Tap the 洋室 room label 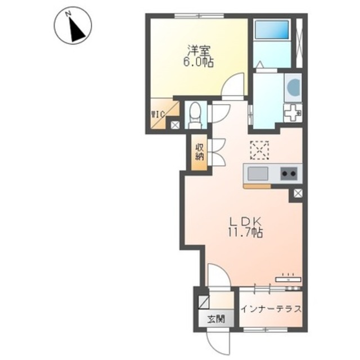pos(198,51)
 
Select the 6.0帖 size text pos(198,62)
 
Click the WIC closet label pos(158,114)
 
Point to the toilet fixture pos(195,115)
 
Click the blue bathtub pos(272,30)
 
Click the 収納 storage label pos(199,152)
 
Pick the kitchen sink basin pos(258,174)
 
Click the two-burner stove pos(289,174)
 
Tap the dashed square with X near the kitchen pos(259,150)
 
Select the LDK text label pos(245,222)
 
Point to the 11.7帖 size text pos(245,232)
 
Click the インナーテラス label pos(271,309)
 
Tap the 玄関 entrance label pos(216,319)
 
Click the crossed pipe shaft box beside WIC pos(175,125)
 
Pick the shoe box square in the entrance pos(204,302)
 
